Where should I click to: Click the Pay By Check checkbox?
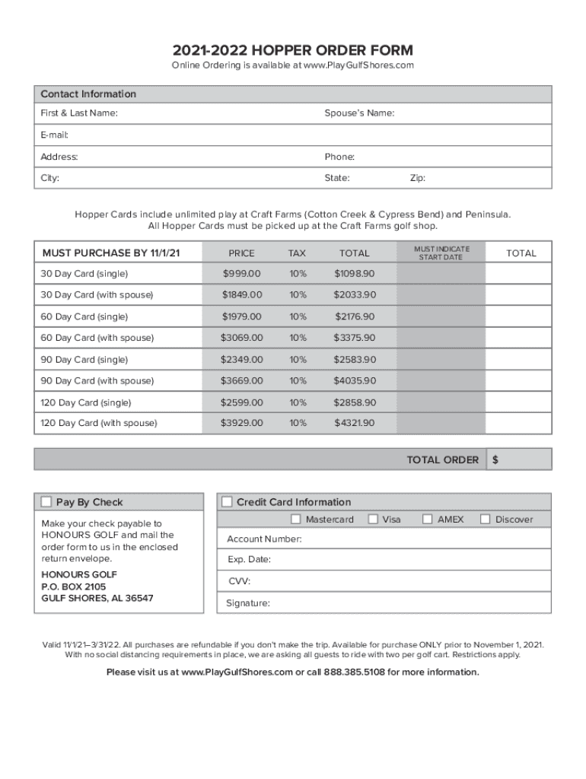click(46, 502)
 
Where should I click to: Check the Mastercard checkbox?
click(296, 520)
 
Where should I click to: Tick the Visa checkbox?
click(373, 520)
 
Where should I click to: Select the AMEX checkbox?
click(428, 520)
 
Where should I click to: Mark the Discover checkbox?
click(485, 520)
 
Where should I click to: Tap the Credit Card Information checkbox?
click(227, 502)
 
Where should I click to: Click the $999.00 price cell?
click(241, 273)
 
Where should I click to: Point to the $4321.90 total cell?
click(354, 423)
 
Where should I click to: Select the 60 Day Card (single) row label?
click(84, 316)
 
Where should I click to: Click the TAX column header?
click(298, 253)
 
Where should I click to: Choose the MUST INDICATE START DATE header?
click(441, 253)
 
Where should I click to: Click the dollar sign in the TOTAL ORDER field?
click(495, 459)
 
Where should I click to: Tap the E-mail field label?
click(55, 135)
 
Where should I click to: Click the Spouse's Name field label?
click(359, 113)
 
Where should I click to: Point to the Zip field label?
click(418, 178)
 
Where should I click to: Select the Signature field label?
click(248, 603)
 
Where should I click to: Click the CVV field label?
click(239, 581)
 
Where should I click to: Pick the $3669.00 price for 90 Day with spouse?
click(241, 380)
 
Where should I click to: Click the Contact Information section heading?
click(88, 94)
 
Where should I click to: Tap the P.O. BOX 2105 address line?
click(74, 587)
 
